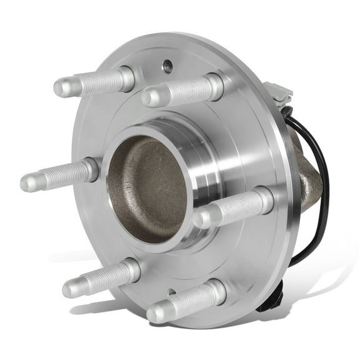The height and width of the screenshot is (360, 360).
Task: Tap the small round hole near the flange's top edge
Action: [167, 64]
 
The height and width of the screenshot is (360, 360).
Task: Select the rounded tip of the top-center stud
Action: [148, 98]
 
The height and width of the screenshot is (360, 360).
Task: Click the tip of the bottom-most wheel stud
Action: [154, 313]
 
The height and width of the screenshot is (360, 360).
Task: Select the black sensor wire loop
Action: [322, 187]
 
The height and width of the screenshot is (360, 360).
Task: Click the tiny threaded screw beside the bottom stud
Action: [172, 292]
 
